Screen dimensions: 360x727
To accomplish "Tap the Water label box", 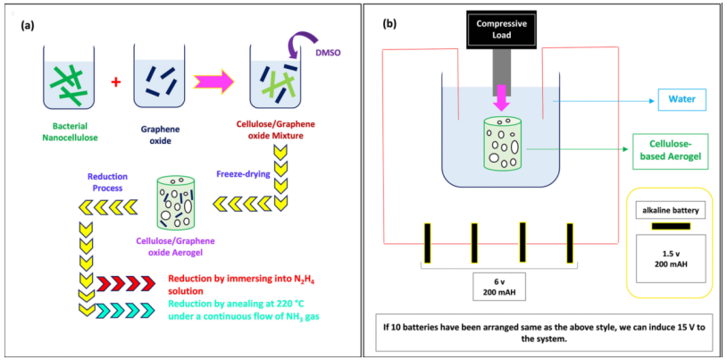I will pyautogui.click(x=681, y=98).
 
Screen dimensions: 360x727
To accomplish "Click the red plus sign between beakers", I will pyautogui.click(x=115, y=83).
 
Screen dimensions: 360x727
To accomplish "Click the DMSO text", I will pyautogui.click(x=330, y=54).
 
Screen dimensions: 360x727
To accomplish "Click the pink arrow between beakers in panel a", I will pyautogui.click(x=215, y=83).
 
